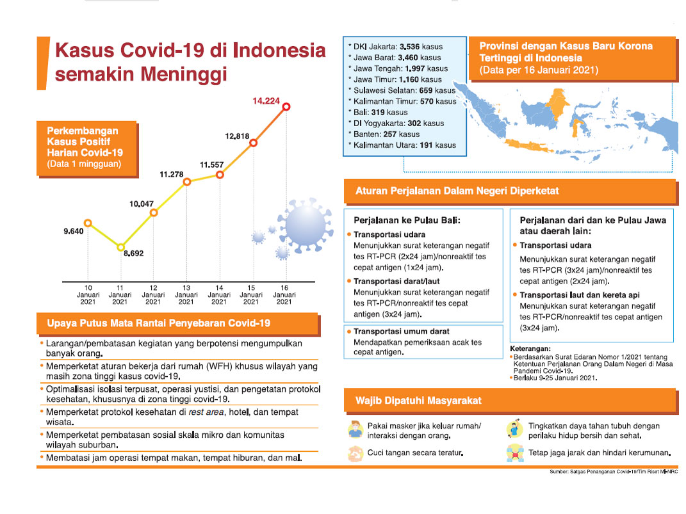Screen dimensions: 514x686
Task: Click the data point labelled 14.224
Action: [286, 107]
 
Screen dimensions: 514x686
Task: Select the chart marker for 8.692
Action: [120, 247]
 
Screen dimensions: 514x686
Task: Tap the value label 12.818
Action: [238, 136]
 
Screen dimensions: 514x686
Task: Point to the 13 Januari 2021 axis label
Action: [186, 294]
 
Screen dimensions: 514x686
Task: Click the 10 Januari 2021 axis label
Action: [88, 294]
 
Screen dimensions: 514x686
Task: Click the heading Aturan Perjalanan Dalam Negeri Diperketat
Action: [457, 191]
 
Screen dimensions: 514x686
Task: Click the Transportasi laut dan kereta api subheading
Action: [578, 295]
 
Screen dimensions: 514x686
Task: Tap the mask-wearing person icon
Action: [355, 430]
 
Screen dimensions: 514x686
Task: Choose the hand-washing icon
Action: [354, 454]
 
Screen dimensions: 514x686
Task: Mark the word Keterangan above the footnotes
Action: [529, 349]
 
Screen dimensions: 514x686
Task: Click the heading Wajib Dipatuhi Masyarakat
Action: [418, 401]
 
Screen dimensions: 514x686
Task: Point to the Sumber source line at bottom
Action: [613, 472]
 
